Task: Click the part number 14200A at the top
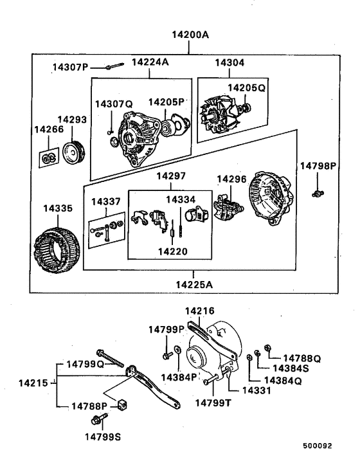click(x=190, y=36)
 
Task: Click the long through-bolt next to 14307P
click(x=114, y=66)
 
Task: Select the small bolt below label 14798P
click(x=316, y=192)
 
